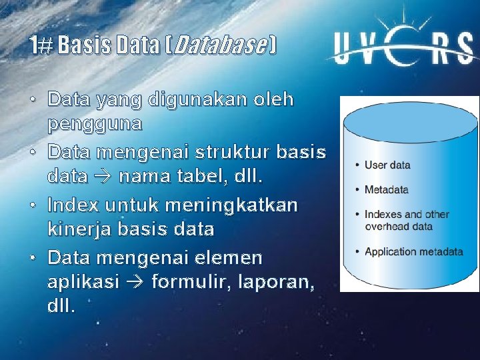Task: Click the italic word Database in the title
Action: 221,46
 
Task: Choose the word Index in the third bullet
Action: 73,204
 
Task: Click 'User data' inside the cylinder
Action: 387,165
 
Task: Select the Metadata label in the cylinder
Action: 387,190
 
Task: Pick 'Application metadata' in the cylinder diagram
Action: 413,252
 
